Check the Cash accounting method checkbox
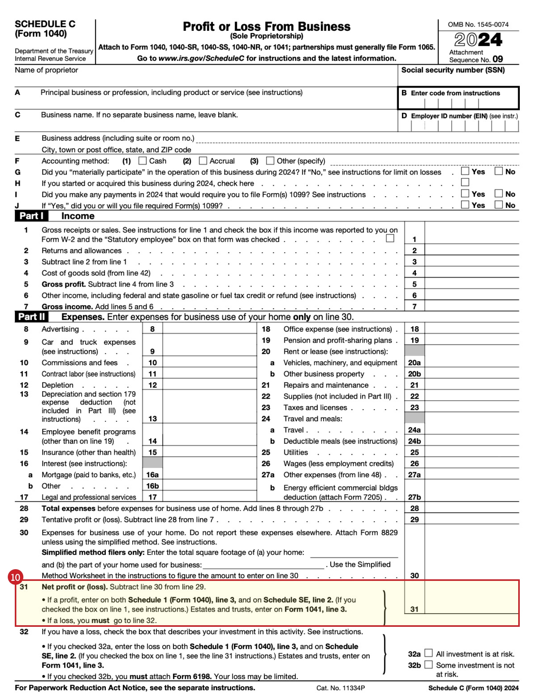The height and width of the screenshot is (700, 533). (143, 161)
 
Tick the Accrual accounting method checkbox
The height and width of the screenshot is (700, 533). (203, 161)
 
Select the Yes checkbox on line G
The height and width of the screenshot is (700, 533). (465, 171)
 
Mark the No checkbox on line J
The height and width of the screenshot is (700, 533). (498, 205)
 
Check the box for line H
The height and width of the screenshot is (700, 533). (465, 182)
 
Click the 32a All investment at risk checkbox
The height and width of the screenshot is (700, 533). (428, 653)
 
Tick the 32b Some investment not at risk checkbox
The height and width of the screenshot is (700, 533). (428, 664)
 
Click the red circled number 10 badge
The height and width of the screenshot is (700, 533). (15, 577)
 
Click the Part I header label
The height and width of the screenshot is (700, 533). (31, 216)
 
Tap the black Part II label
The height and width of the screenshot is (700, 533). (31, 317)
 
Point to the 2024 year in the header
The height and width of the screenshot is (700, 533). (478, 40)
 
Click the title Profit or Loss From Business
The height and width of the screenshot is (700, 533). (266, 26)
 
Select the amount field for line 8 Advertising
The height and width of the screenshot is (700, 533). (209, 329)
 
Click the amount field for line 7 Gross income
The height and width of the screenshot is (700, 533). (472, 306)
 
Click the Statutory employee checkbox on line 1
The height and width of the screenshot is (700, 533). (390, 238)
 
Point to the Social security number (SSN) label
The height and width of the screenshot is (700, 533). (453, 70)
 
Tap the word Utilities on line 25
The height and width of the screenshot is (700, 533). (296, 452)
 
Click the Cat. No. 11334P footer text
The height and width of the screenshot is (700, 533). (340, 688)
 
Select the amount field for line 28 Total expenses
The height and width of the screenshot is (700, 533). (472, 508)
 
